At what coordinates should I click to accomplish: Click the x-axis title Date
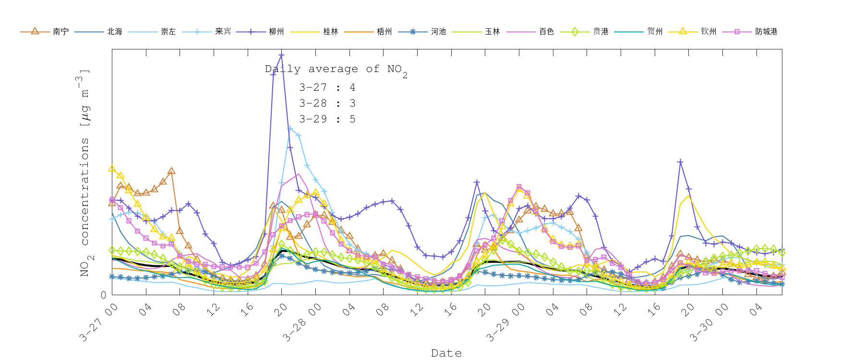point(446,353)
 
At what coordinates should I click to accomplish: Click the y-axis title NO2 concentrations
point(84,173)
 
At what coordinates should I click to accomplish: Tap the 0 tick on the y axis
point(103,295)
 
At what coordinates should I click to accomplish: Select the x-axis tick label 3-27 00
point(99,323)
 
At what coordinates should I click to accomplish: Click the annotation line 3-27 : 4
point(327,87)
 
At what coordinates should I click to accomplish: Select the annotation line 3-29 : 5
point(327,119)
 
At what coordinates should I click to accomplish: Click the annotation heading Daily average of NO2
point(336,70)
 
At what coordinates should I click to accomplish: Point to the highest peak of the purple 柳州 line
point(281,55)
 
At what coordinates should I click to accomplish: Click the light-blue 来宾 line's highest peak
point(290,128)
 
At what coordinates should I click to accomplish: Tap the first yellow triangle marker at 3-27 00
point(112,168)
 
